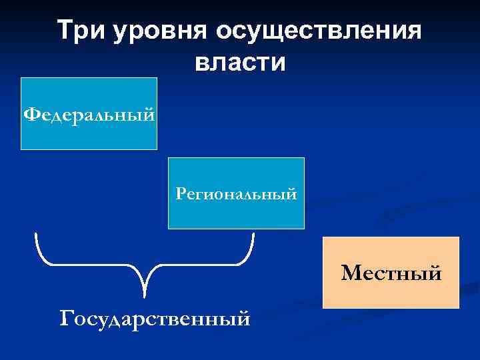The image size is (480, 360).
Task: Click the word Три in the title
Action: [x=79, y=31]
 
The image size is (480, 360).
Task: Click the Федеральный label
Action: [x=89, y=114]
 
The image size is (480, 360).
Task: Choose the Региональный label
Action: [x=236, y=194]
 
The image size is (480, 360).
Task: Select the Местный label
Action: [x=391, y=273]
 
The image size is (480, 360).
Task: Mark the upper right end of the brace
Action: [x=253, y=233]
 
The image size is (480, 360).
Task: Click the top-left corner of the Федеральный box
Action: [x=22, y=78]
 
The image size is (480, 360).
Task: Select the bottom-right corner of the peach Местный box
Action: [x=459, y=308]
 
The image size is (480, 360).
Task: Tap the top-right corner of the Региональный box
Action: [x=304, y=158]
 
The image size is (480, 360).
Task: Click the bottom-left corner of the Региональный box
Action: [x=168, y=229]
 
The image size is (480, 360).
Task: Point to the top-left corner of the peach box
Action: [x=323, y=237]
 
